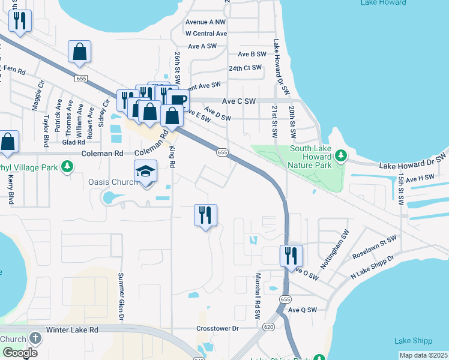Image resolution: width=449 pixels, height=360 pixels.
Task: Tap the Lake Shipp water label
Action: tap(414, 341)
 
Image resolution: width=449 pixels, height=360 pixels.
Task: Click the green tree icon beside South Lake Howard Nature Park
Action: tap(341, 156)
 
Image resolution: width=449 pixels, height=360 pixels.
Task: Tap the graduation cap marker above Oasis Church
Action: tap(146, 172)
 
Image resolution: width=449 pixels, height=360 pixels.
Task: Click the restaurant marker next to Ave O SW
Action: tap(291, 256)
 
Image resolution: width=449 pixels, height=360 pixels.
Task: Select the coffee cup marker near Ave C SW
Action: tap(179, 100)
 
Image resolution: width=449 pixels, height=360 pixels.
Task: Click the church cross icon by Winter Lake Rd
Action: tap(35, 337)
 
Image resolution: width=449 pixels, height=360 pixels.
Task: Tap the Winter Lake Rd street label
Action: tap(73, 330)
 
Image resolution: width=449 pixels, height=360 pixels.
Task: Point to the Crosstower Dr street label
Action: tap(217, 329)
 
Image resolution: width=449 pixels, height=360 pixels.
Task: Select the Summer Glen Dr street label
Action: tap(121, 297)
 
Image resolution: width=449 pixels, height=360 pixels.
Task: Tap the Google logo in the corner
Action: tap(20, 352)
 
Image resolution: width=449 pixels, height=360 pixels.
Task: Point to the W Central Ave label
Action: tap(206, 34)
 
